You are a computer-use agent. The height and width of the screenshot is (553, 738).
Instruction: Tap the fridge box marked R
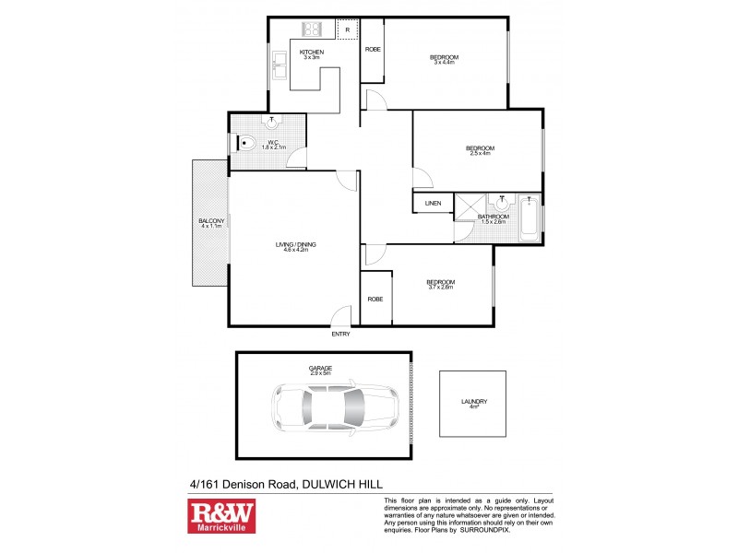tap(347, 30)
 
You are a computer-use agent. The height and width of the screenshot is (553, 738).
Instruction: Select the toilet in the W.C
tap(244, 143)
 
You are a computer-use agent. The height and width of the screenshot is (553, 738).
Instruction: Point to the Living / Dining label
tap(295, 244)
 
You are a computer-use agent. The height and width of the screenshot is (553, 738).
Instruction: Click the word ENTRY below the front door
tap(340, 334)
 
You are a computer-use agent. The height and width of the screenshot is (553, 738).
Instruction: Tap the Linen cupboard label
tap(433, 204)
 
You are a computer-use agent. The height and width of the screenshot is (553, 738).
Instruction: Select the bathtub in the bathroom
tap(529, 218)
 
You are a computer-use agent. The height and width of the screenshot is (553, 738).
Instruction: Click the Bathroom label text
tap(493, 217)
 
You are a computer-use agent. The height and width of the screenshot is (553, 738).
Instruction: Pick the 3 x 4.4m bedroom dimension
tap(444, 64)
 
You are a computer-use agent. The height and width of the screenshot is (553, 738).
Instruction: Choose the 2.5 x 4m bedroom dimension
tap(480, 154)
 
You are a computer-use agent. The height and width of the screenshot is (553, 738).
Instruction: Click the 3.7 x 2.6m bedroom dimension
tap(440, 288)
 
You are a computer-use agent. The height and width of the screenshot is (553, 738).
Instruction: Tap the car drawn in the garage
tap(335, 406)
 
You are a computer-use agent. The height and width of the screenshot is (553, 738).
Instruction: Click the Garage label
tap(320, 368)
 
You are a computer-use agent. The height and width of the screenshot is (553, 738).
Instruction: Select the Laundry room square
tap(473, 404)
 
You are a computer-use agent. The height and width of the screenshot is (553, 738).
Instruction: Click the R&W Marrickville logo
tap(221, 516)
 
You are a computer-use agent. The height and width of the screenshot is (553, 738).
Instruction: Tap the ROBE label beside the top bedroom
tap(373, 49)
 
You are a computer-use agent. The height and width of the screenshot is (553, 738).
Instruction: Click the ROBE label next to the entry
tap(375, 299)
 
